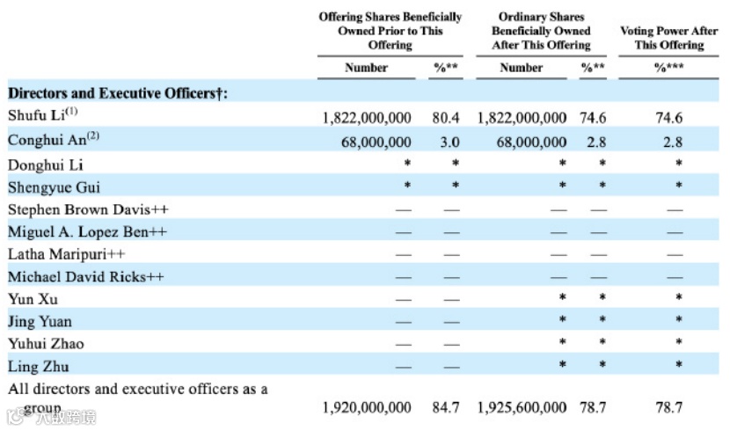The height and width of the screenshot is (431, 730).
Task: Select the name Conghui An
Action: (38, 140)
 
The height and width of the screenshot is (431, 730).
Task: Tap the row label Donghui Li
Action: (33, 164)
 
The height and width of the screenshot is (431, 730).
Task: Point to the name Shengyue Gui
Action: (40, 186)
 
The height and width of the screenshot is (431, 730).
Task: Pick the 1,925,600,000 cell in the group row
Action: (522, 407)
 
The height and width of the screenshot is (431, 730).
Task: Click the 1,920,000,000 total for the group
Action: (367, 407)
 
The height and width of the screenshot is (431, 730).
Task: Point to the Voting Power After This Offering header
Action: (668, 38)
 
